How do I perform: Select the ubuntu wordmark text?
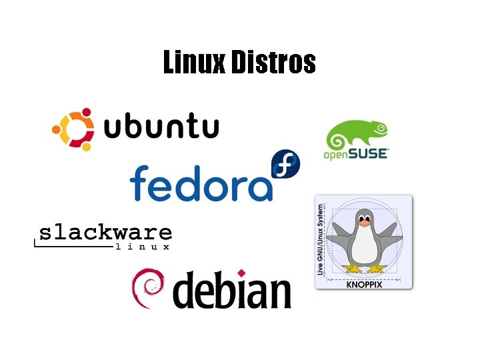162,127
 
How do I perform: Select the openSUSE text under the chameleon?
355,155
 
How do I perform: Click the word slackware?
105,233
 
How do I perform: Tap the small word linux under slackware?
143,247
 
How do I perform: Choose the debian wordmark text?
233,291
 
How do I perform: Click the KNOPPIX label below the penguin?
363,283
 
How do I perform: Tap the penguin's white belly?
364,247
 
